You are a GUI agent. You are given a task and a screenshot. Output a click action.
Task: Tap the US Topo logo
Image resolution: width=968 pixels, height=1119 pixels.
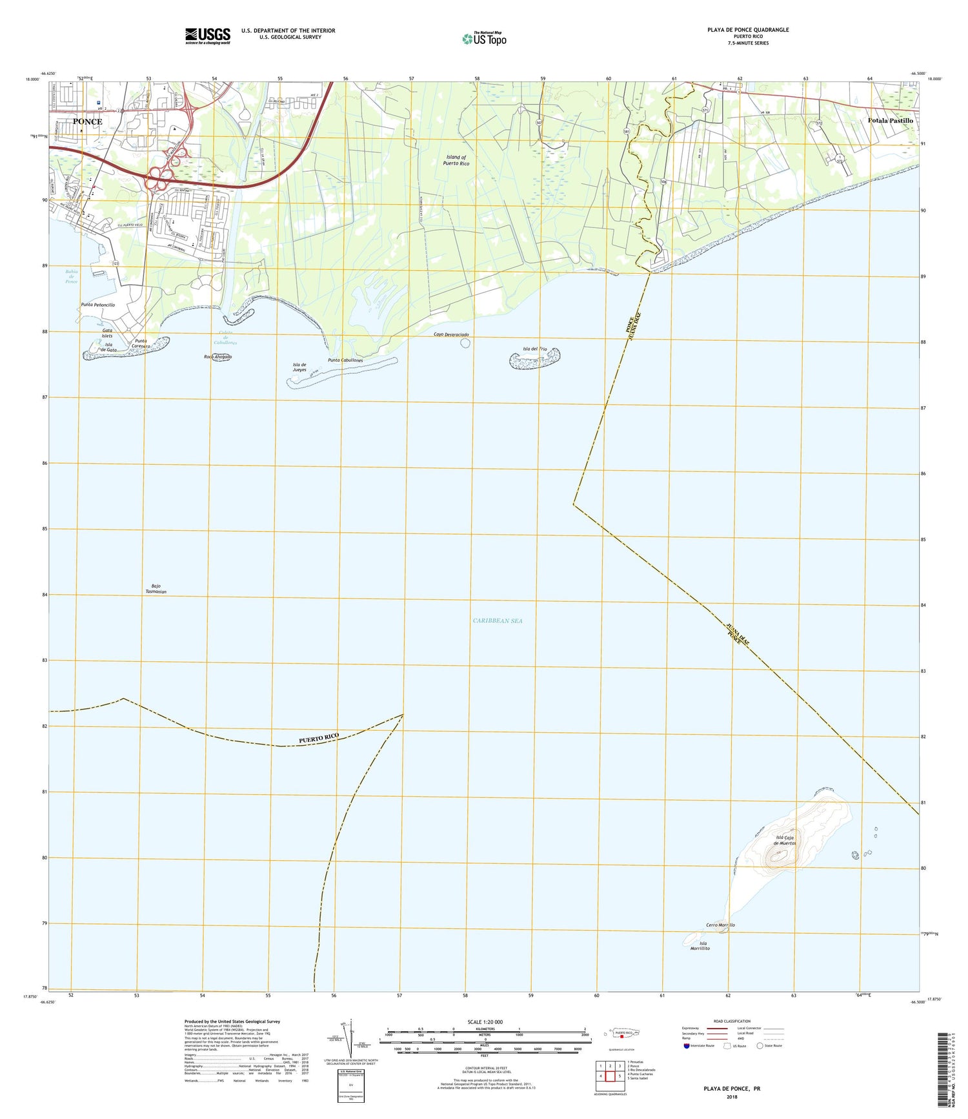click(485, 39)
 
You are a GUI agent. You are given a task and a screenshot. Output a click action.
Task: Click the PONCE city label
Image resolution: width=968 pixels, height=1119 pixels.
click(87, 121)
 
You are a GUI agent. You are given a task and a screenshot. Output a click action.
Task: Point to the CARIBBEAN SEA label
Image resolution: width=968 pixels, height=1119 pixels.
click(498, 621)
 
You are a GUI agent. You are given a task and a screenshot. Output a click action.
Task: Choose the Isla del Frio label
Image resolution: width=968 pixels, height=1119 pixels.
click(534, 349)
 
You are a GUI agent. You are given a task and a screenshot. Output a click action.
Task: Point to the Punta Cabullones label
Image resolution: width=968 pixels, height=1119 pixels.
click(345, 360)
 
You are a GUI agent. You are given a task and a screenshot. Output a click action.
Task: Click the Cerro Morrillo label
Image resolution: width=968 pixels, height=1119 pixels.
click(720, 925)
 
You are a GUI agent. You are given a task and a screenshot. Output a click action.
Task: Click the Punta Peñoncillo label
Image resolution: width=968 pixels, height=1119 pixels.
click(98, 305)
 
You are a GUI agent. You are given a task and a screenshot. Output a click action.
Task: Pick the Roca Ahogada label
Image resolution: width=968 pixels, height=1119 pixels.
click(217, 357)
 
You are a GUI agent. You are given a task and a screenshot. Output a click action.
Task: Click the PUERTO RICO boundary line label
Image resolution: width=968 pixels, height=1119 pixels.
click(318, 739)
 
